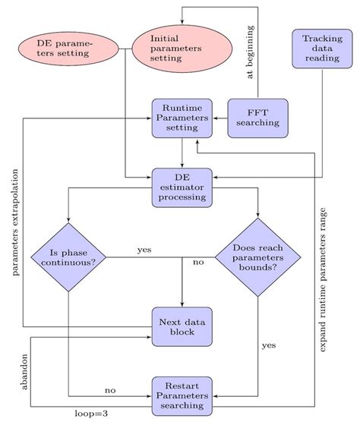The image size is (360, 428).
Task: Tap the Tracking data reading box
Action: (x=321, y=49)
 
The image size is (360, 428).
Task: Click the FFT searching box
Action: (x=257, y=118)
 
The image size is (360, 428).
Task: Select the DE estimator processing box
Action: (x=181, y=187)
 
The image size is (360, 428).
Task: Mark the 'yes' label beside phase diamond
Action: (x=144, y=250)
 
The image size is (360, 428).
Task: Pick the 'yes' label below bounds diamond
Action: (x=268, y=345)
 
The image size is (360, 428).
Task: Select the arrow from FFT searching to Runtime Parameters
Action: (x=219, y=118)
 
